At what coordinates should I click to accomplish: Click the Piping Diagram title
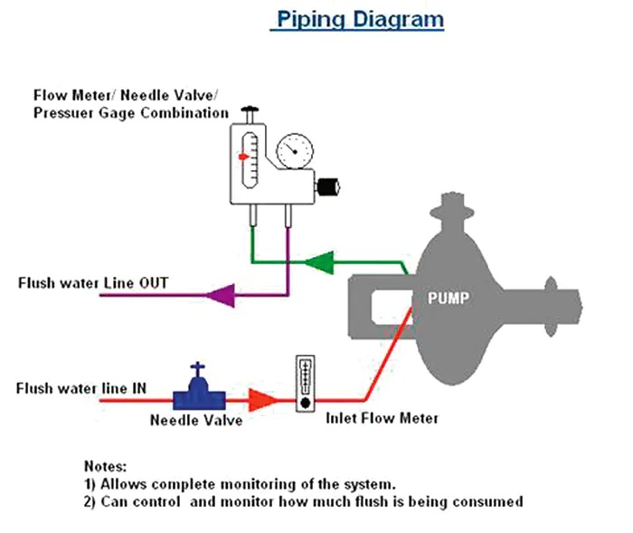click(359, 19)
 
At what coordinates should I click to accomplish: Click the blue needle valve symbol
click(199, 389)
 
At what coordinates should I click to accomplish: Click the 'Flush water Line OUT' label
click(93, 283)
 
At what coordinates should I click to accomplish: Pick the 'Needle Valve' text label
click(190, 420)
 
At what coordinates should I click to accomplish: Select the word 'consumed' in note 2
click(494, 500)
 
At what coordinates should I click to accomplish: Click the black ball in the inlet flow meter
click(307, 401)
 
